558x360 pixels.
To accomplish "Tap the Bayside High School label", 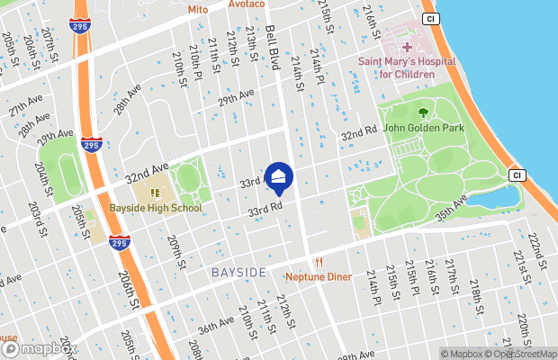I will click(x=156, y=208).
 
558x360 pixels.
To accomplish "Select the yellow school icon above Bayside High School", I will click(x=155, y=192).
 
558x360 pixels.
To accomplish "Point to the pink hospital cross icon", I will click(x=407, y=46).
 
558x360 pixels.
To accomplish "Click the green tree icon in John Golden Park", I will click(x=423, y=112).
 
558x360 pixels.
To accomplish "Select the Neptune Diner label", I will click(x=319, y=277).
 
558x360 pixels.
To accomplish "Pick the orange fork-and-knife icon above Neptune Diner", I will click(x=319, y=262).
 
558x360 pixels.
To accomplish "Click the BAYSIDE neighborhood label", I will click(x=238, y=272).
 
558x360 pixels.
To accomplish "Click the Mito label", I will click(x=197, y=9).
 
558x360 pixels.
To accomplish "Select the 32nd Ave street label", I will click(x=147, y=171).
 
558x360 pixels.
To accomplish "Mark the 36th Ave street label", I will click(x=216, y=325).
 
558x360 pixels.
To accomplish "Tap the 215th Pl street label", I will click(x=411, y=280).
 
